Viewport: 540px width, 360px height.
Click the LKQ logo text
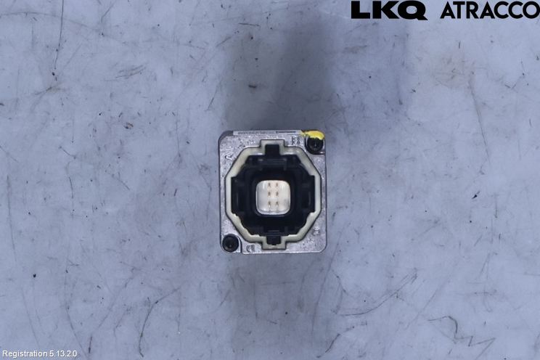point(389,11)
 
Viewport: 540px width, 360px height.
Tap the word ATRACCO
point(490,11)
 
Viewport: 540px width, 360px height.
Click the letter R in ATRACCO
point(478,11)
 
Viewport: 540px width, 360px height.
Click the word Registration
point(25,353)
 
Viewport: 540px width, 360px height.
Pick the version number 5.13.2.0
point(63,353)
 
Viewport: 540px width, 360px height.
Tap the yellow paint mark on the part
point(312,134)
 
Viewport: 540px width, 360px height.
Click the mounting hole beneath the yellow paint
point(315,145)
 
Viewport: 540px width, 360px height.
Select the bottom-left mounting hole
point(229,243)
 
